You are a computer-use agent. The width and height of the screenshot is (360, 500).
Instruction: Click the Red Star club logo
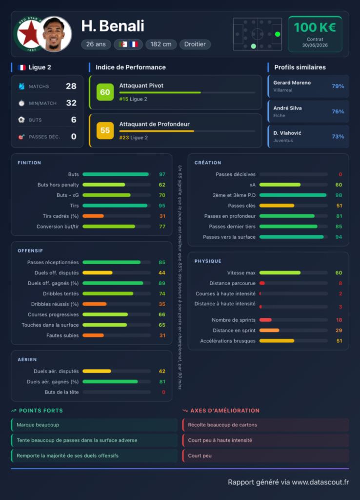point(29,34)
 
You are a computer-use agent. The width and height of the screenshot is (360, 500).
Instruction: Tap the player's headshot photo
point(55,34)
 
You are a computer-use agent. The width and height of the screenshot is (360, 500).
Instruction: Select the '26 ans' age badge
point(96,44)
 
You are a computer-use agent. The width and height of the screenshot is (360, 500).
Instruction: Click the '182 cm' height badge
point(161,44)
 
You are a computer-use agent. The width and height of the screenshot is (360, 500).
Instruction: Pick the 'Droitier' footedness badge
point(195,44)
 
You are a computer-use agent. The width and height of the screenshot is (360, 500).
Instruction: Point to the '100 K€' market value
point(315,27)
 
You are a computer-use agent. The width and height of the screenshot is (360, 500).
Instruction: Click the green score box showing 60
point(105,92)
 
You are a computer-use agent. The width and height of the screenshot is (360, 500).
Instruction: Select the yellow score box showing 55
point(105,130)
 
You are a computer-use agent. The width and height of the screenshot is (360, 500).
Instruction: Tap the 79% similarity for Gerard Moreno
point(338,86)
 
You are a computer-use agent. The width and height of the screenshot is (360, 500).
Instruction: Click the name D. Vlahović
point(287,133)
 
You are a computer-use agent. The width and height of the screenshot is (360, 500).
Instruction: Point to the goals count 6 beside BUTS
point(74,120)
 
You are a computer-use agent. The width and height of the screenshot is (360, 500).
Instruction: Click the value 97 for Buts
point(162,174)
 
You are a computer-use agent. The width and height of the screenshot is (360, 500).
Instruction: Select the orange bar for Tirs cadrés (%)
point(93,216)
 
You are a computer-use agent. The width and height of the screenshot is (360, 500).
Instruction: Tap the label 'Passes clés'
point(241,206)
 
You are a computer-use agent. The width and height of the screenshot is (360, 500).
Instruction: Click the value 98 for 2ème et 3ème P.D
point(339,195)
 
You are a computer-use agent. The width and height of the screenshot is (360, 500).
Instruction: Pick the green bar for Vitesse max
point(280,273)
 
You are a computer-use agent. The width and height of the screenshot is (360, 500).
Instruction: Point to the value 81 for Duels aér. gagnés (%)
point(162,382)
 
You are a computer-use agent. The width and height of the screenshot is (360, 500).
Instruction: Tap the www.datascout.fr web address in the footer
point(320,482)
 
